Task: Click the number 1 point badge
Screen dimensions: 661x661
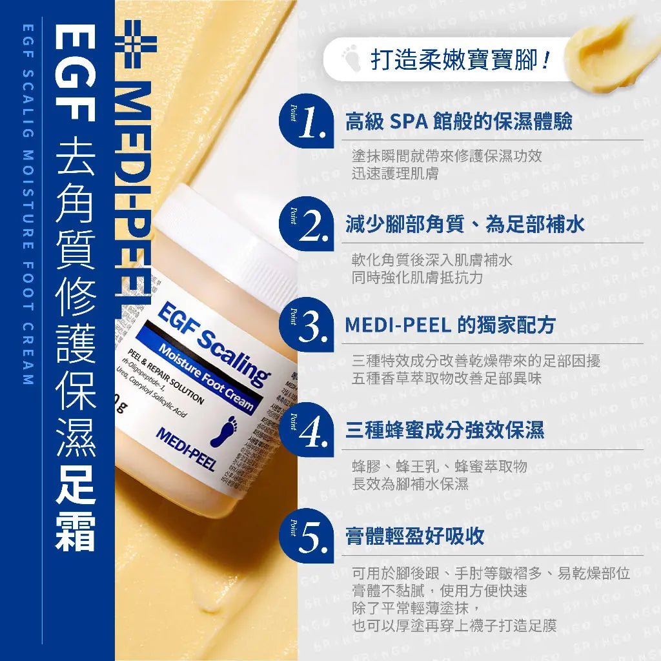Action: coord(306,121)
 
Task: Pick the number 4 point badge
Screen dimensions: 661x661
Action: coord(306,429)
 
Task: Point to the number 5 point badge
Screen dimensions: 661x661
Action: coord(306,534)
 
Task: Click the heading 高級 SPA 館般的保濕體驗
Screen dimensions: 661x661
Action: coord(458,122)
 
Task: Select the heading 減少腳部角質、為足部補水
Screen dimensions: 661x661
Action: coord(465,224)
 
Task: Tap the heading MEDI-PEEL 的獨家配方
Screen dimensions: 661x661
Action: coord(450,325)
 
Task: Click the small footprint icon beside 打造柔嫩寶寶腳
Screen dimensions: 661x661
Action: coord(352,61)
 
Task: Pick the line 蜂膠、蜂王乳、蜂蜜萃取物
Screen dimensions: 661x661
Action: coord(439,467)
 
